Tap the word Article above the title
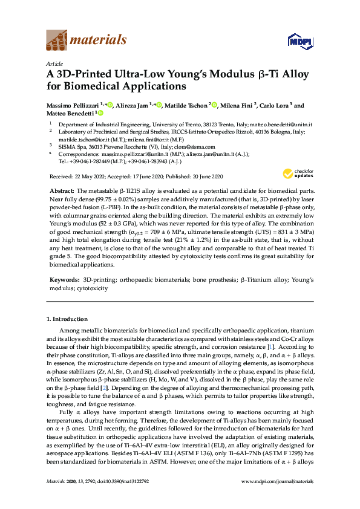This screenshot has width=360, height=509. [x=54, y=63]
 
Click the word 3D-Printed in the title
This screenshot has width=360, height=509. [x=82, y=75]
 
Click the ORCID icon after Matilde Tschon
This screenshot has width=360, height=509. [x=215, y=105]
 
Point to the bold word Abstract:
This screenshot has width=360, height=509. [x=62, y=190]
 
